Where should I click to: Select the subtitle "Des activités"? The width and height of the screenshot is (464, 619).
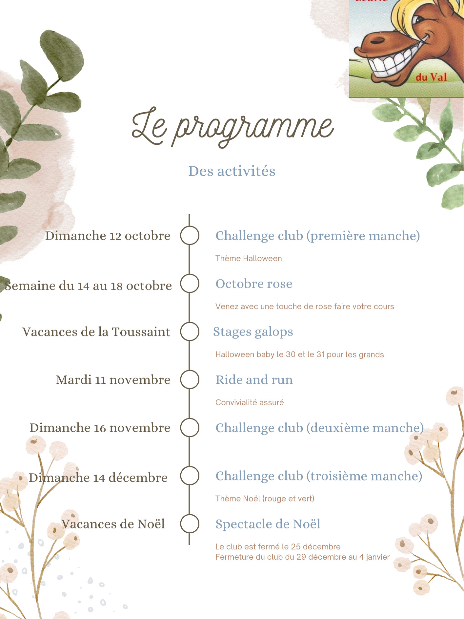pyautogui.click(x=232, y=171)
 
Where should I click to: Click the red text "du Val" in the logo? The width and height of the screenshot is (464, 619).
pyautogui.click(x=431, y=77)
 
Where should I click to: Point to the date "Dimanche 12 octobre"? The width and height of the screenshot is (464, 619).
pyautogui.click(x=108, y=236)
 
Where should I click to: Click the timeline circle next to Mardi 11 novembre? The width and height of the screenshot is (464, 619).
pyautogui.click(x=190, y=379)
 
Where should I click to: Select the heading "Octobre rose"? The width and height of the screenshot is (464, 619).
pyautogui.click(x=254, y=284)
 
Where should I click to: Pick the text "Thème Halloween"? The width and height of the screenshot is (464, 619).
pyautogui.click(x=249, y=259)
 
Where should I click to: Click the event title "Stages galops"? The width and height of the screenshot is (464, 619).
pyautogui.click(x=253, y=332)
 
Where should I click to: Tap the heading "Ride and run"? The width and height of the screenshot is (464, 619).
pyautogui.click(x=254, y=380)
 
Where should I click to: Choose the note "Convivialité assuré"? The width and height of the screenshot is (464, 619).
pyautogui.click(x=250, y=403)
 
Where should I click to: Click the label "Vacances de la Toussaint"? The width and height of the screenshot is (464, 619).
pyautogui.click(x=96, y=332)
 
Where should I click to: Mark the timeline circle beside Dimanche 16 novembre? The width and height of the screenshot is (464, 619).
pyautogui.click(x=190, y=427)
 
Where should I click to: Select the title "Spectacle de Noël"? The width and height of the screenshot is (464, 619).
pyautogui.click(x=268, y=524)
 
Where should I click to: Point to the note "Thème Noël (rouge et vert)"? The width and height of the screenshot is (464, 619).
pyautogui.click(x=265, y=499)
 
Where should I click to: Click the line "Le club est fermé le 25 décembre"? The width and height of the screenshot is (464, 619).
pyautogui.click(x=278, y=547)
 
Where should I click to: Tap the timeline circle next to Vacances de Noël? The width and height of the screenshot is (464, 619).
pyautogui.click(x=190, y=524)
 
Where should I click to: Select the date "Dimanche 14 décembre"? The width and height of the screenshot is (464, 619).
pyautogui.click(x=98, y=478)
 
